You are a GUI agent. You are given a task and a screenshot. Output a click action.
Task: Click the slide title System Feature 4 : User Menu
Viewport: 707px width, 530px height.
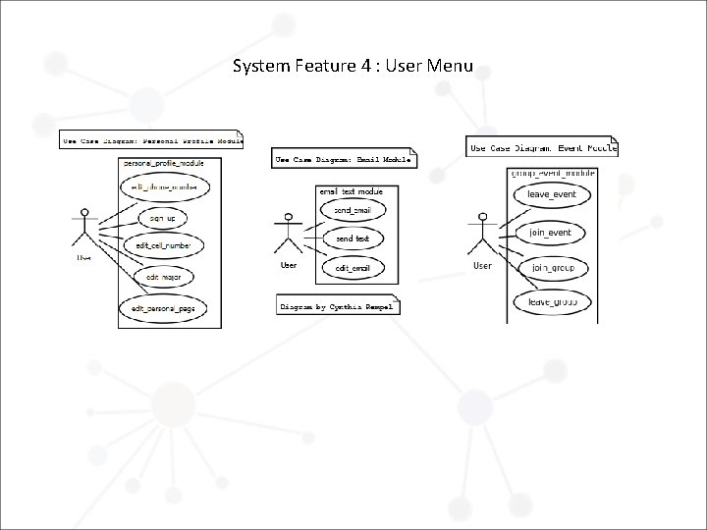(353, 67)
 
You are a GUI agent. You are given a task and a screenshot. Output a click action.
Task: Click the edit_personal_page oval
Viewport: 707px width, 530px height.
(163, 308)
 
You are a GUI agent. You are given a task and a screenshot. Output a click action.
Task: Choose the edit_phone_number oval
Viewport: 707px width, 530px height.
(158, 186)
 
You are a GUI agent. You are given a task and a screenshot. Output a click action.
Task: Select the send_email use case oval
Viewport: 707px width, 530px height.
(353, 210)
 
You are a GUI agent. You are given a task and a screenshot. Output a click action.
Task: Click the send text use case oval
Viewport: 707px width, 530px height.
(353, 238)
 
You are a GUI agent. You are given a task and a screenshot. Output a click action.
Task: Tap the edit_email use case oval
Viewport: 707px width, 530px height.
(353, 268)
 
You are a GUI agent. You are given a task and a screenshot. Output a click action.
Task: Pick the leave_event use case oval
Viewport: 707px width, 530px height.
(553, 194)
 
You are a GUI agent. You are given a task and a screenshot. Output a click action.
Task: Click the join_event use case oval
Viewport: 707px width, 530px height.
(551, 233)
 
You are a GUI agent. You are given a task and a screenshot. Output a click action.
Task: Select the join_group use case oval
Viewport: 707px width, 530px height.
(553, 267)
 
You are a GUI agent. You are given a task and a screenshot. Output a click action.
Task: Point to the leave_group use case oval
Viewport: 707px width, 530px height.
(553, 301)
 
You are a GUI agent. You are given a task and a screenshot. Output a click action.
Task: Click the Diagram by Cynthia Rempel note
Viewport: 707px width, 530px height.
(338, 305)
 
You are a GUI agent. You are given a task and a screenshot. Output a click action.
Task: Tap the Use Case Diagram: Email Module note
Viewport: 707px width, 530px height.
(343, 159)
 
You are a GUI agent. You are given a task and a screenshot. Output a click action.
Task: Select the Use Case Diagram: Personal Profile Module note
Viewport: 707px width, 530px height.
(150, 140)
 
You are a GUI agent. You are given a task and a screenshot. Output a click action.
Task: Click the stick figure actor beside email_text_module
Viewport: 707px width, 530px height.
(289, 234)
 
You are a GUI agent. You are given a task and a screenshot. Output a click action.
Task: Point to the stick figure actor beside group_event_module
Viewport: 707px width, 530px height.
(482, 234)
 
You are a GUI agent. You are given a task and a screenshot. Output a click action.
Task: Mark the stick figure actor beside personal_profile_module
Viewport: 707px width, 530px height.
(85, 232)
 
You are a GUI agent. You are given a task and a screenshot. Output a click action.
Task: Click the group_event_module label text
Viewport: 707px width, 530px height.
(553, 173)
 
